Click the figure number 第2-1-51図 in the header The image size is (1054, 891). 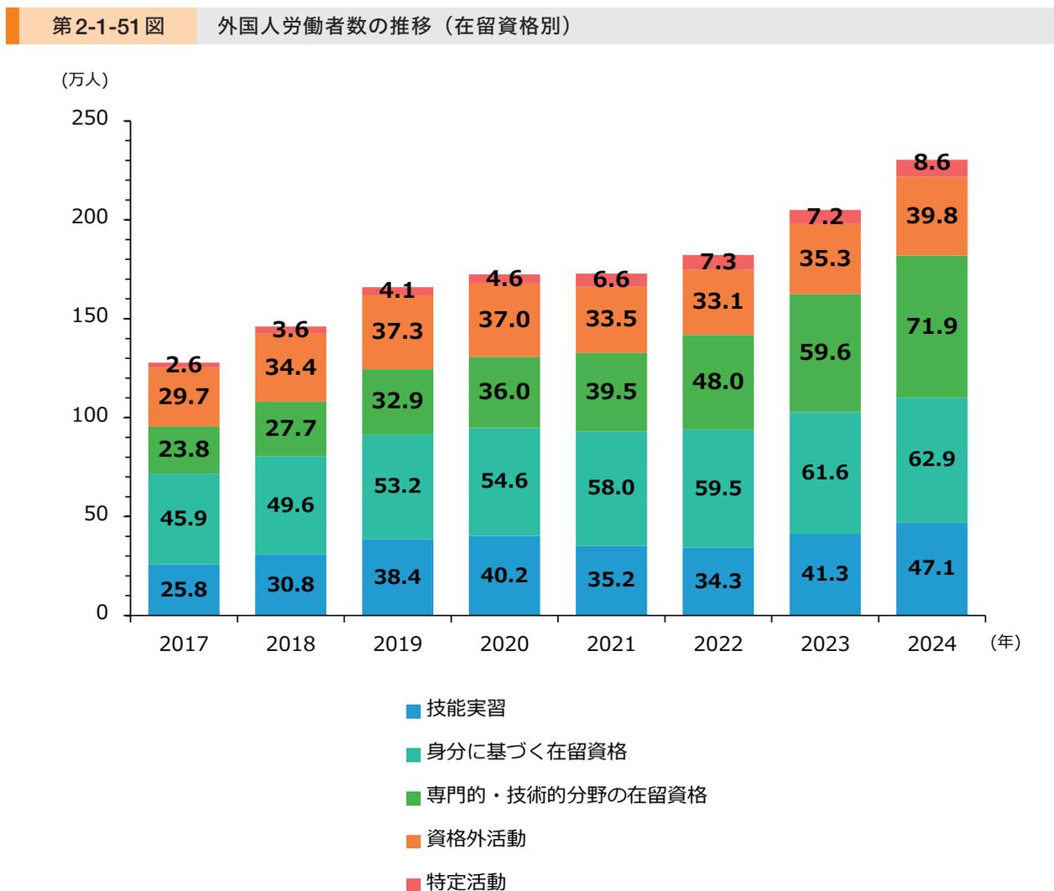click(107, 27)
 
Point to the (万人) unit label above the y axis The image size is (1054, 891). click(85, 81)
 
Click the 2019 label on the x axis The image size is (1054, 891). click(398, 644)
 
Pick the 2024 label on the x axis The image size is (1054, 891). click(931, 644)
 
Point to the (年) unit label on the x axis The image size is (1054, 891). click(1004, 643)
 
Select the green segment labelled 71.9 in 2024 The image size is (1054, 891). click(931, 327)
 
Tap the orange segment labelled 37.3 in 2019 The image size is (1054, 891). click(398, 332)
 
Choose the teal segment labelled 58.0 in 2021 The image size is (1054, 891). click(611, 488)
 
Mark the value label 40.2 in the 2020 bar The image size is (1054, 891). click(504, 576)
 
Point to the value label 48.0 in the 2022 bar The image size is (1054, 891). click(717, 382)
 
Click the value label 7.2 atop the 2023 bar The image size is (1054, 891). click(824, 217)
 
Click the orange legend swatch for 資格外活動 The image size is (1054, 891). click(413, 840)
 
